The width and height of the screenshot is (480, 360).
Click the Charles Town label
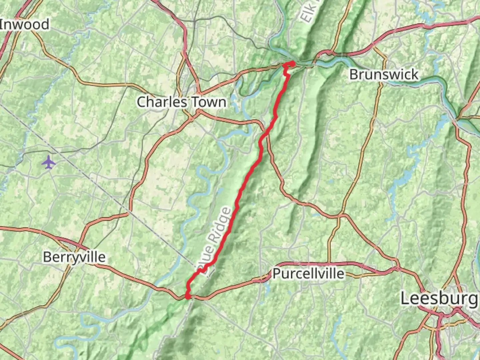(181, 102)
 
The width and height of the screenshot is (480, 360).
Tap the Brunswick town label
(384, 74)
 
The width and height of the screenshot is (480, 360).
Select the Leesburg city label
(439, 298)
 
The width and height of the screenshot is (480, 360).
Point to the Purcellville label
(308, 274)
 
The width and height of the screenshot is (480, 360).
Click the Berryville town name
(74, 257)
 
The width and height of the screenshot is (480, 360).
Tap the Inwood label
(25, 24)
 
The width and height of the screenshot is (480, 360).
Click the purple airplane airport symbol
(49, 162)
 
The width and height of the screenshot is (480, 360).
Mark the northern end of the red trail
(292, 63)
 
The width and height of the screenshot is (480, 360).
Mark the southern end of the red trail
(188, 296)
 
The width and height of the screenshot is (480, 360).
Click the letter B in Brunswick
(353, 74)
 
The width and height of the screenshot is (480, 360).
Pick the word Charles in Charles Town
(159, 102)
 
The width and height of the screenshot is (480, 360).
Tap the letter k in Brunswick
(414, 74)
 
